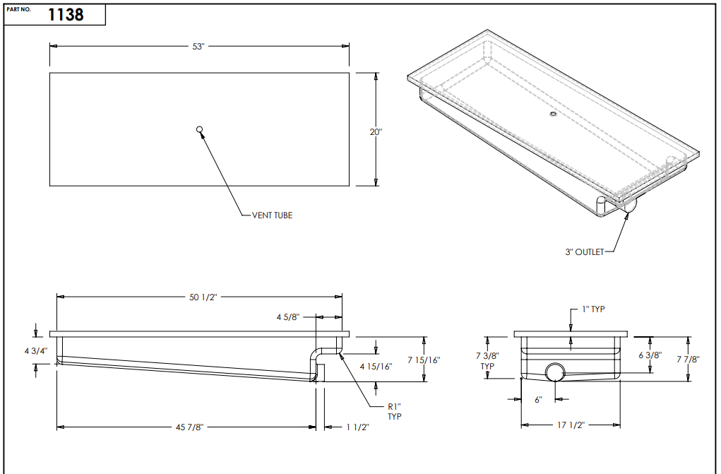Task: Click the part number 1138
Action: (66, 15)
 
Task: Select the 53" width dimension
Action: (198, 47)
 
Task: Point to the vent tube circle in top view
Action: (200, 129)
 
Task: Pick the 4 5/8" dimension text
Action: (289, 319)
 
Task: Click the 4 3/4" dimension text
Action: (35, 350)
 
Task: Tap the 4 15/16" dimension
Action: (376, 366)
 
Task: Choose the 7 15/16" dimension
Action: (424, 360)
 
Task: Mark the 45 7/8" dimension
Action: (187, 427)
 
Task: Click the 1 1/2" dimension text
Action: (358, 427)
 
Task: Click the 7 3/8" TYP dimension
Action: (487, 360)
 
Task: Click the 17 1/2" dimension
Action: (571, 425)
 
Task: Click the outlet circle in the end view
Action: (555, 372)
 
